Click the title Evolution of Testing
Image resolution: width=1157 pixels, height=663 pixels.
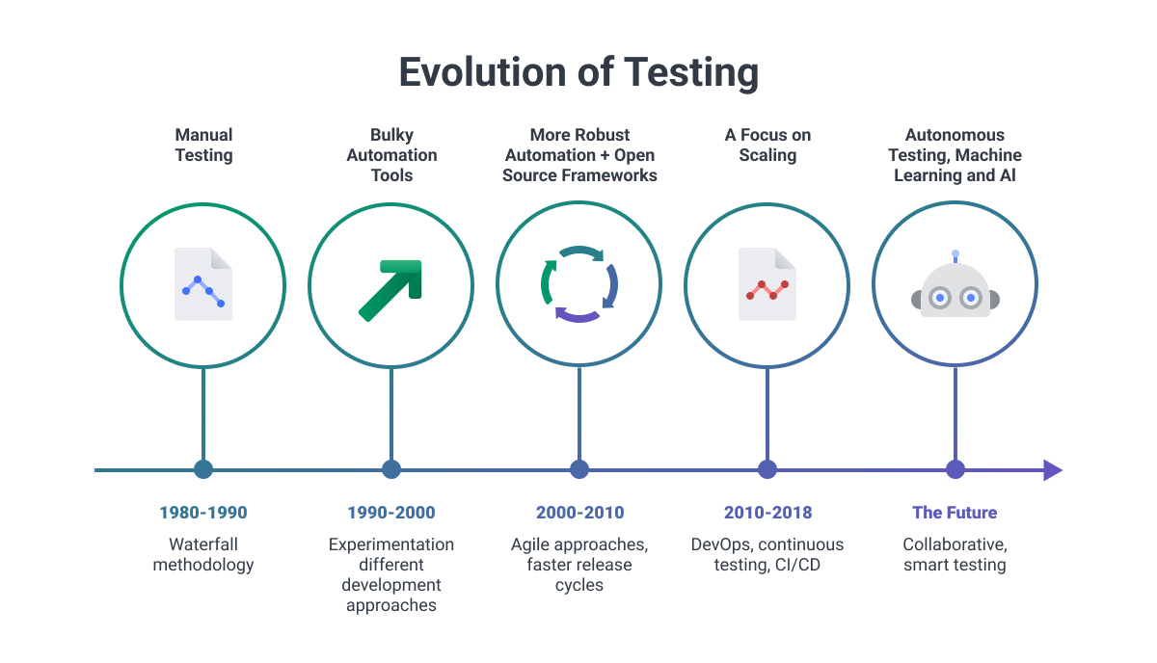click(x=578, y=72)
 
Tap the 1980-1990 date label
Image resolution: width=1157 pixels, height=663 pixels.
click(x=203, y=513)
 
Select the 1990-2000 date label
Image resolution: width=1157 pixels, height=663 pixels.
click(x=391, y=513)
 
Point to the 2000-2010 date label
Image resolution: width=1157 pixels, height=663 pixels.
click(x=579, y=513)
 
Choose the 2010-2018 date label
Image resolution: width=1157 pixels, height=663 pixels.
click(x=767, y=513)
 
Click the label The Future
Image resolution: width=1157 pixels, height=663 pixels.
click(x=955, y=513)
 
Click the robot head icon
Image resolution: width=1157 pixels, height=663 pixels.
click(x=955, y=289)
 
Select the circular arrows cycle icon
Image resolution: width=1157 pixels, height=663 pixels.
click(x=578, y=284)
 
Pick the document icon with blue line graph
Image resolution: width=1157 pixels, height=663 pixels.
click(x=203, y=284)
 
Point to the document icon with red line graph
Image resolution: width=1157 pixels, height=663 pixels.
click(x=767, y=284)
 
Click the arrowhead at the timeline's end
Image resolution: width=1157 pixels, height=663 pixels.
click(x=1052, y=470)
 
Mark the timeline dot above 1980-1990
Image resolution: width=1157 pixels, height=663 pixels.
click(x=203, y=470)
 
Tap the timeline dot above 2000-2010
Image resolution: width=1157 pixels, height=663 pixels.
click(x=579, y=470)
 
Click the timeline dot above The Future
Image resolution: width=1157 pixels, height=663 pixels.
click(x=955, y=470)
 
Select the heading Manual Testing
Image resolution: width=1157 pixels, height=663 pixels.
click(x=203, y=145)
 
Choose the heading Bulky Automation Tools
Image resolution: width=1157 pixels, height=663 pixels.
click(x=391, y=155)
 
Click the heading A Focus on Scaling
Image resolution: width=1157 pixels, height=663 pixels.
click(x=767, y=145)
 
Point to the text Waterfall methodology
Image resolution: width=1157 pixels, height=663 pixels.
click(x=203, y=554)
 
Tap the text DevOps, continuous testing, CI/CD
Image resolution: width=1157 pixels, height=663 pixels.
click(x=767, y=554)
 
